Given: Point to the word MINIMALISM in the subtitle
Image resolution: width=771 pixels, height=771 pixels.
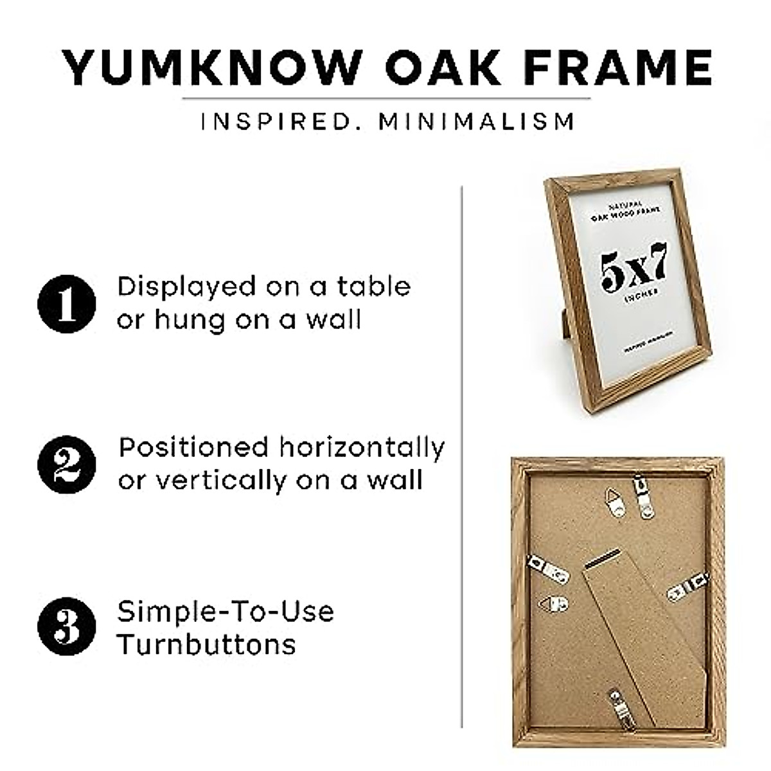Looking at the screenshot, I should pyautogui.click(x=476, y=121).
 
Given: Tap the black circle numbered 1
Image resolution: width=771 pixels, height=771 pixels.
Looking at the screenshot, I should pyautogui.click(x=66, y=304).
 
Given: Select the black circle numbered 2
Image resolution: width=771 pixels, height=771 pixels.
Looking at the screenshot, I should pyautogui.click(x=66, y=465).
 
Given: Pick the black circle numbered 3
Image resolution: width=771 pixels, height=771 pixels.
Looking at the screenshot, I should pyautogui.click(x=66, y=626).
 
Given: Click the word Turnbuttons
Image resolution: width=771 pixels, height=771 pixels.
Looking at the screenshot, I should pyautogui.click(x=207, y=644).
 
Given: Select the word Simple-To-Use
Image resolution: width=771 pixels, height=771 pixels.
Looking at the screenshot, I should pyautogui.click(x=226, y=611).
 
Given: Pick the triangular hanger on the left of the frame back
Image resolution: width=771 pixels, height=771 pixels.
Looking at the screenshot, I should pyautogui.click(x=554, y=604).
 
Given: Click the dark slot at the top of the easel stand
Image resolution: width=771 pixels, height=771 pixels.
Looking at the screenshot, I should pyautogui.click(x=603, y=557).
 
